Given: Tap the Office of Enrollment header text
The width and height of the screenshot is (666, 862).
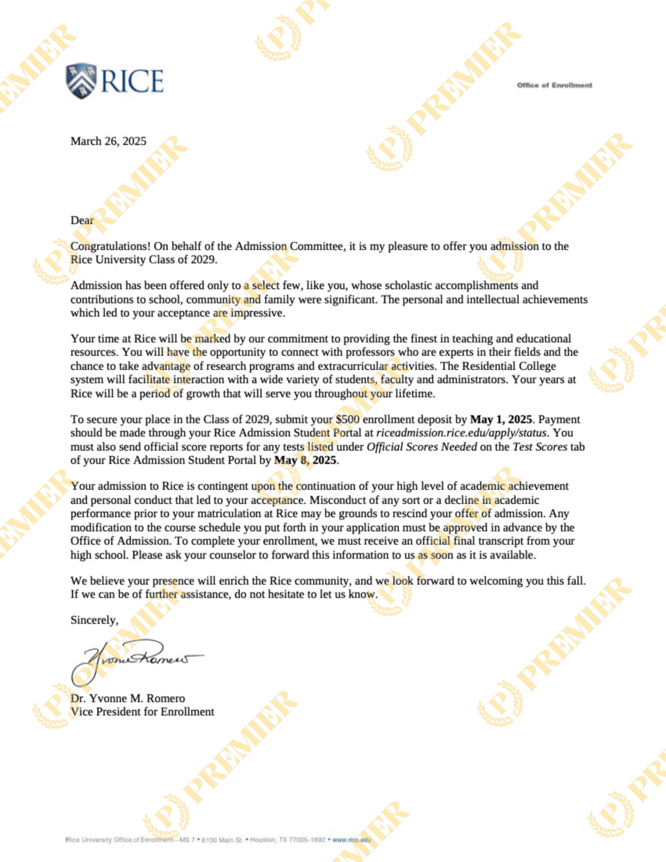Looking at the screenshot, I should (554, 85).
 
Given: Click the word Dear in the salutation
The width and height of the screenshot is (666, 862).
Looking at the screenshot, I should (82, 220).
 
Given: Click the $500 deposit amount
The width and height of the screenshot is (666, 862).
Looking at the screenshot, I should (347, 419).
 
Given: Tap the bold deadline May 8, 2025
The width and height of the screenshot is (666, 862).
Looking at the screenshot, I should (306, 460).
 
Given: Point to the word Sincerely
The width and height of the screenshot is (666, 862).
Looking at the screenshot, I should (94, 620).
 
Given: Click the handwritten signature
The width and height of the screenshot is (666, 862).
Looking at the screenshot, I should (134, 658).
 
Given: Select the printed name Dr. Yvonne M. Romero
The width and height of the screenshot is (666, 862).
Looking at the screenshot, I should (128, 698).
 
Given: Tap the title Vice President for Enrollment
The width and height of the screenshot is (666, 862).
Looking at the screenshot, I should (142, 712).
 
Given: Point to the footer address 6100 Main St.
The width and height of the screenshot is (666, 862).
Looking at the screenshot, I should (222, 840).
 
